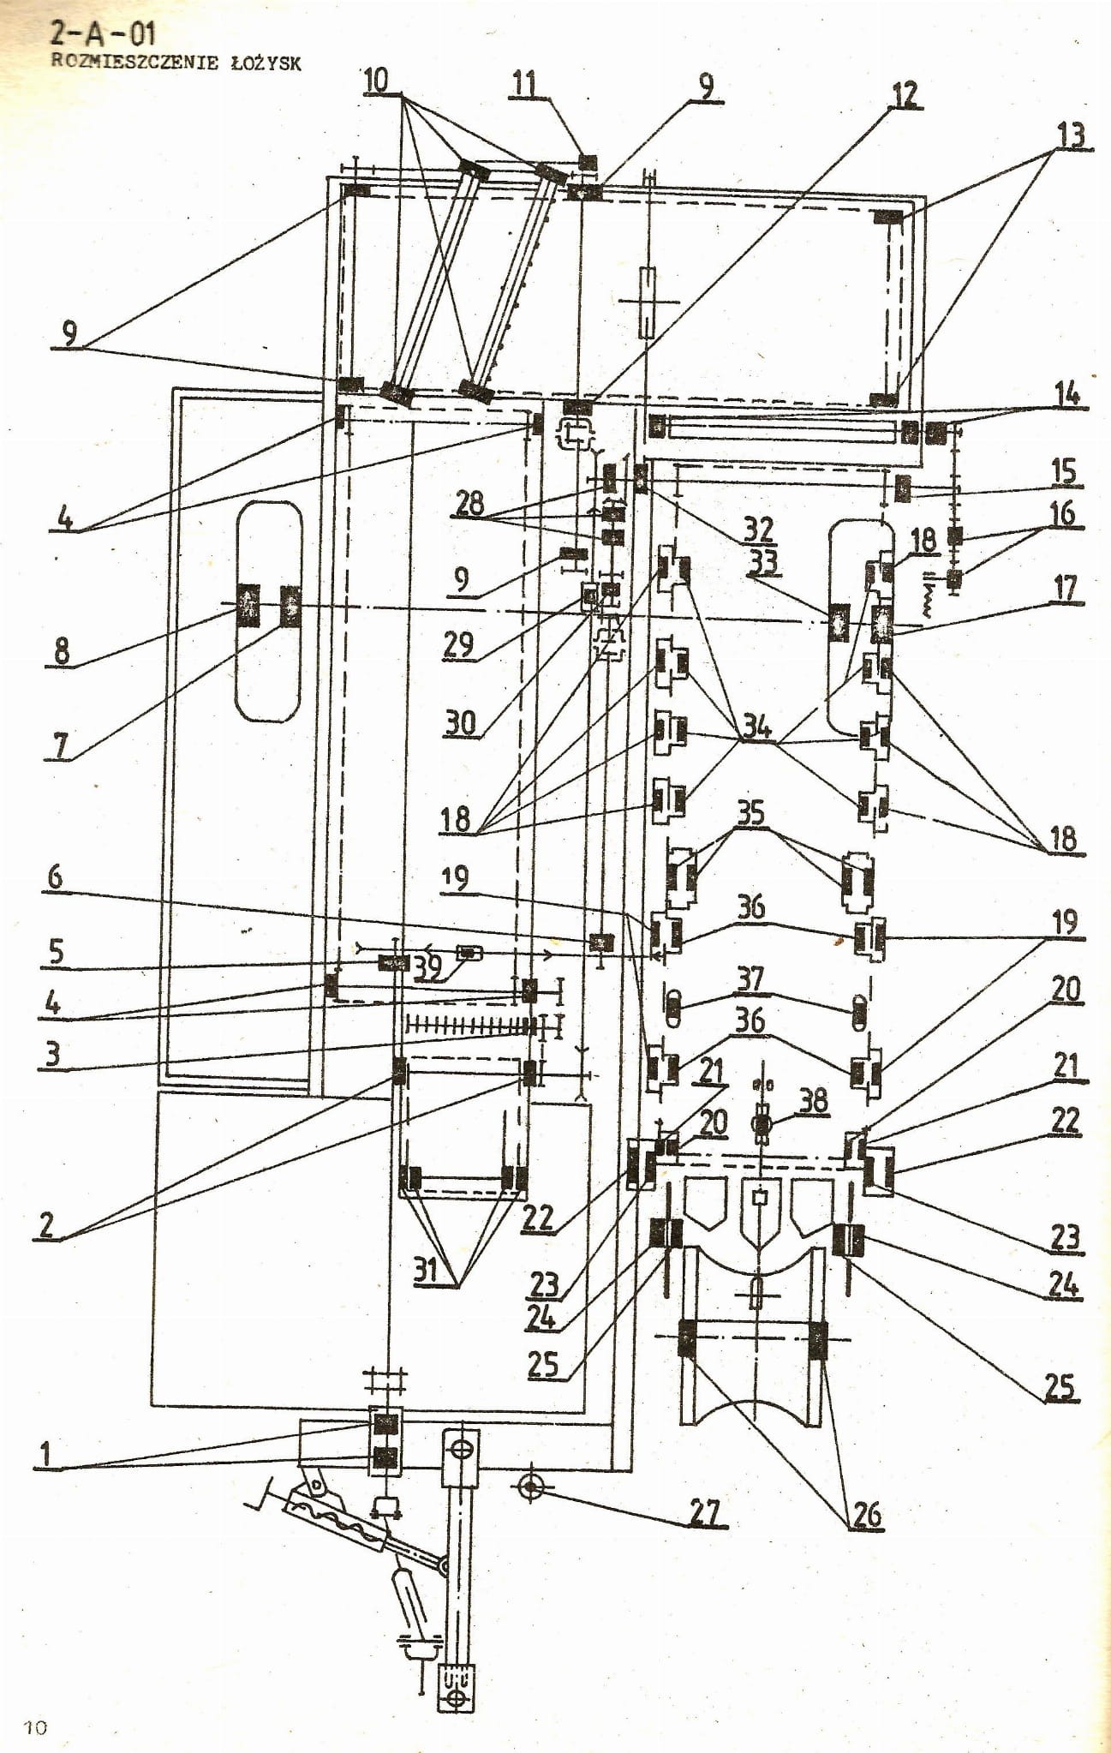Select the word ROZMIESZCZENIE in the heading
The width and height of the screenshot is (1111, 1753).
click(134, 62)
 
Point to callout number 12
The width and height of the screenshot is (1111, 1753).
click(905, 94)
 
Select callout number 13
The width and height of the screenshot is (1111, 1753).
click(1071, 135)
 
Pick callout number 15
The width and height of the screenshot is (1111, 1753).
click(1063, 471)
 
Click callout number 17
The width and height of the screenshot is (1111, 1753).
click(1065, 589)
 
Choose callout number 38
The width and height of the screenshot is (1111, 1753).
click(813, 1100)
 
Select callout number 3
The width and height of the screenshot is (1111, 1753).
click(53, 1053)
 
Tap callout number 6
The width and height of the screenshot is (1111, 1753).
click(55, 876)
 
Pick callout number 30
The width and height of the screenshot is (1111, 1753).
click(460, 723)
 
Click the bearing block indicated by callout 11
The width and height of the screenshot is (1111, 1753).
click(588, 161)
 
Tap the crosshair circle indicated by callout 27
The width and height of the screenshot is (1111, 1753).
click(531, 1487)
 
